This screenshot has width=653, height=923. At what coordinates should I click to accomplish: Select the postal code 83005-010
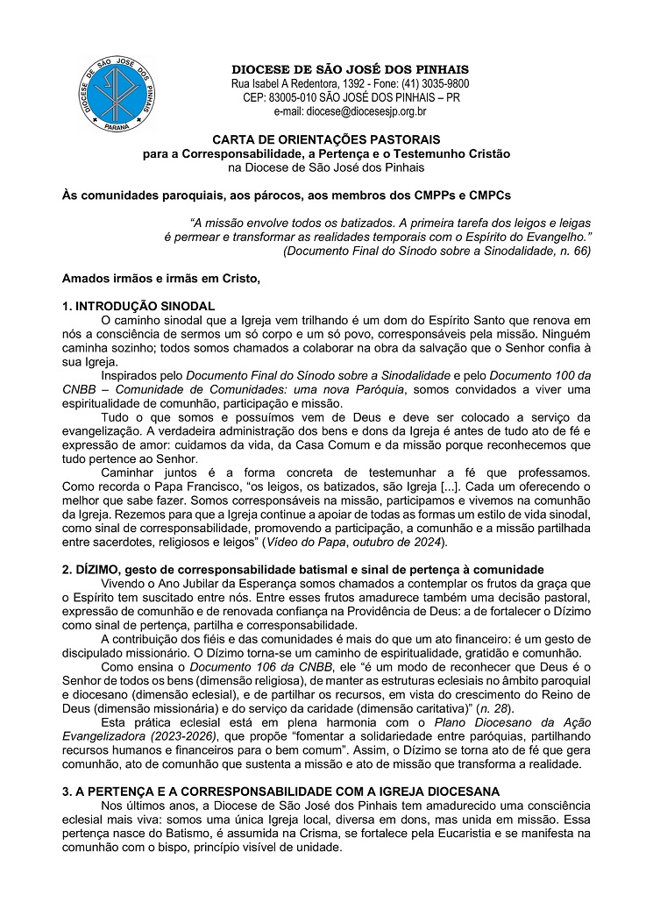click(294, 97)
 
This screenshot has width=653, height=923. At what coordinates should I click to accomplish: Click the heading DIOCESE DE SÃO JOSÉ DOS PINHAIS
click(350, 69)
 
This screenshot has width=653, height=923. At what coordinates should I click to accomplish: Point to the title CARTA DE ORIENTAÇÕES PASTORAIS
click(326, 139)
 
